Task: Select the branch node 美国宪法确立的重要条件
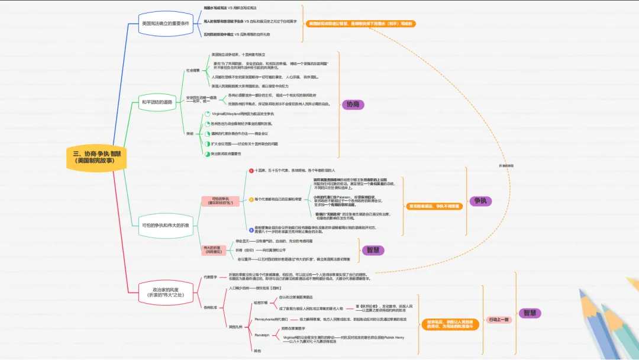pos(165,23)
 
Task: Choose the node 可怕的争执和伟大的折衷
pos(165,226)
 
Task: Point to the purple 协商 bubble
pos(353,104)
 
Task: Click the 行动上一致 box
pos(498,319)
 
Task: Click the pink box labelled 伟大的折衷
pos(213,249)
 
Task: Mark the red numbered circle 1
pos(251,171)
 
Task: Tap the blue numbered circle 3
pos(251,229)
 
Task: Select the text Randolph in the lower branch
pos(262,335)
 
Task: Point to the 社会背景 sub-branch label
pos(193,70)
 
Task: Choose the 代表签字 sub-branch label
pos(211,277)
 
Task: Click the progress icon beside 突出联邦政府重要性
pos(206,154)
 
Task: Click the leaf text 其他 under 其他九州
pos(257,351)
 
